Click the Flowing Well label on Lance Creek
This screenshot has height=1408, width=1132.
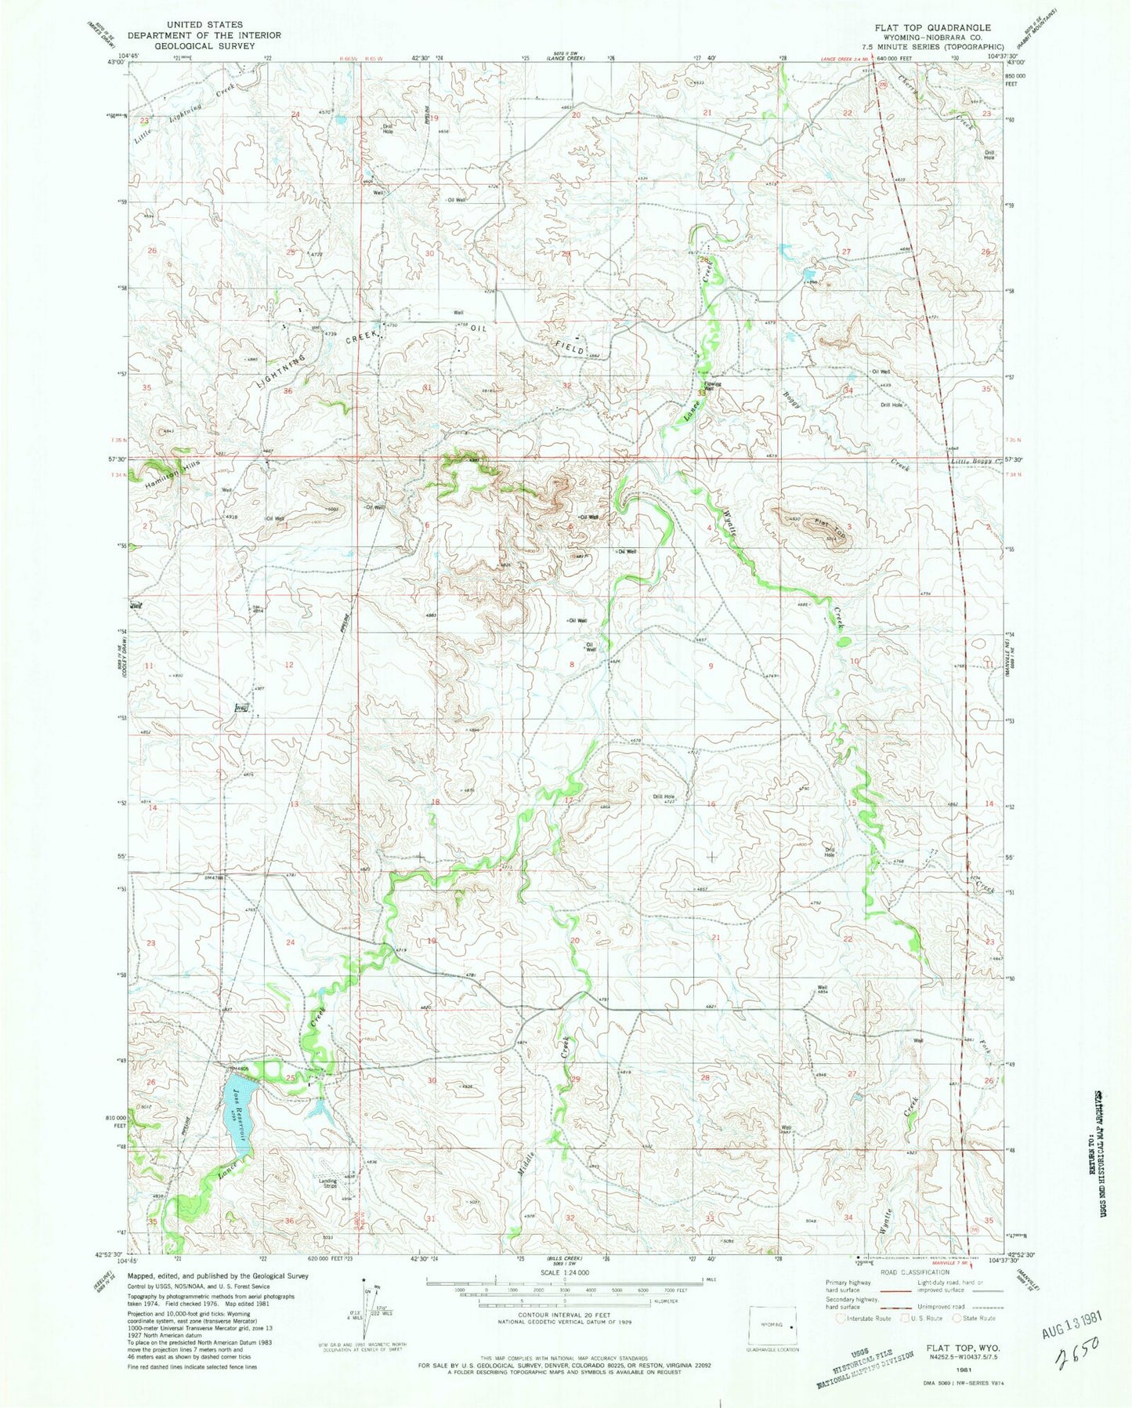(x=711, y=386)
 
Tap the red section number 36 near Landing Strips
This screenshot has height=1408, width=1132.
(x=290, y=1221)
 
